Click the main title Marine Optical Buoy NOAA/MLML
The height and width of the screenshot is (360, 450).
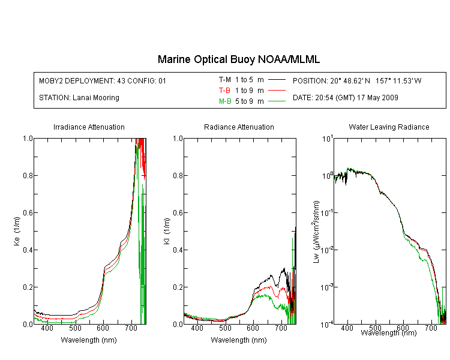click(238, 59)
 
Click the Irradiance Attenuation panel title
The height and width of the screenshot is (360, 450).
click(89, 127)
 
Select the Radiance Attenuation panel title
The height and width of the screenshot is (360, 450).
click(239, 127)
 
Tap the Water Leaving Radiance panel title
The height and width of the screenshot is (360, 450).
click(389, 127)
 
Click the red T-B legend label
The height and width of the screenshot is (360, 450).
click(224, 91)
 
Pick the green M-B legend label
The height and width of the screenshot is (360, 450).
click(225, 101)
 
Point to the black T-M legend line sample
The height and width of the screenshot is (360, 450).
click(277, 80)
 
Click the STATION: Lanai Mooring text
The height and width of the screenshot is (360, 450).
click(79, 98)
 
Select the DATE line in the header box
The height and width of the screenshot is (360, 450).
click(345, 98)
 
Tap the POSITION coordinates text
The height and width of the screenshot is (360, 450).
click(357, 80)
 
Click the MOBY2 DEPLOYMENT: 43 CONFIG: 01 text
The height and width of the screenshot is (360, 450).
click(103, 80)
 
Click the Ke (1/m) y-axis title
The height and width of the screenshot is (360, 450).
click(17, 231)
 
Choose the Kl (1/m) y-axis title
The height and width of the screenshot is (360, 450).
click(167, 231)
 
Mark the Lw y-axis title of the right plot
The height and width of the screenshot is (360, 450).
click(316, 232)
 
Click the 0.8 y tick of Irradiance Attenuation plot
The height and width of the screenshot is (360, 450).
click(28, 175)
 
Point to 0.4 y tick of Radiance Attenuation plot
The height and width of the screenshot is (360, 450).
click(178, 250)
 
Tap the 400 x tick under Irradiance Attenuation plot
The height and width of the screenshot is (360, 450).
click(47, 328)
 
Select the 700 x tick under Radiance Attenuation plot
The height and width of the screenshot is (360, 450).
click(281, 328)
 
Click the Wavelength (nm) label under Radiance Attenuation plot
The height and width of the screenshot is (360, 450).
click(239, 340)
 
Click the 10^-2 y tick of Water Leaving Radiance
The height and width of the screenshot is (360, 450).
click(327, 249)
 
